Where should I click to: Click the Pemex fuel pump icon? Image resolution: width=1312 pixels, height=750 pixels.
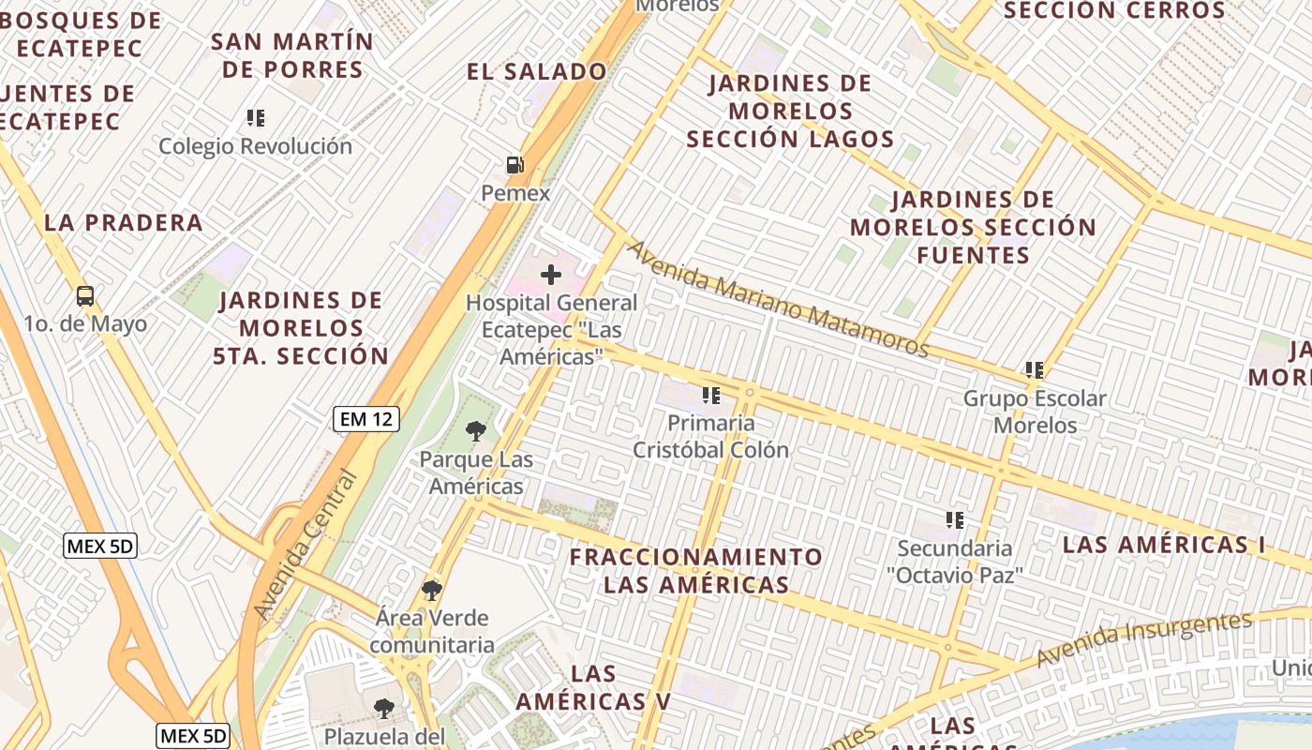click(x=514, y=165)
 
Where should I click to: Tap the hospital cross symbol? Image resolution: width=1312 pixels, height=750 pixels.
click(x=551, y=275)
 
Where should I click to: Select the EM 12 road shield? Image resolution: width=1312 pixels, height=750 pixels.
click(x=366, y=419)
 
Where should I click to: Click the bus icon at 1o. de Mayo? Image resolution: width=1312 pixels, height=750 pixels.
click(x=85, y=296)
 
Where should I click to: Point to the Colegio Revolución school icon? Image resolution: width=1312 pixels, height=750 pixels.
click(x=256, y=118)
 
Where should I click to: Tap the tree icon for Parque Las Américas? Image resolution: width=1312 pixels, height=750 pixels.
click(x=476, y=431)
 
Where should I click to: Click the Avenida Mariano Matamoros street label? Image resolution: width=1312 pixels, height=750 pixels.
click(x=777, y=299)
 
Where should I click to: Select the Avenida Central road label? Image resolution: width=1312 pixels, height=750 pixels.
click(x=306, y=544)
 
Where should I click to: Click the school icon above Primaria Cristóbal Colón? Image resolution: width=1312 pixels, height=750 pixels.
click(x=710, y=396)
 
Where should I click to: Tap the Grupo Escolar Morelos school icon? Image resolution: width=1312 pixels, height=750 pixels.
click(x=1035, y=370)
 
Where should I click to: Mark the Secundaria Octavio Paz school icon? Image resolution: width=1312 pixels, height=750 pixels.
click(x=955, y=519)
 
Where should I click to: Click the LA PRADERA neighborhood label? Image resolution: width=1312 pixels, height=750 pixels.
click(x=124, y=223)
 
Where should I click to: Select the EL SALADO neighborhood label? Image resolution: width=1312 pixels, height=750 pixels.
click(x=537, y=71)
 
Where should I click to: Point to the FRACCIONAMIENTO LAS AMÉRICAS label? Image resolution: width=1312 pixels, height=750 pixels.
click(x=696, y=571)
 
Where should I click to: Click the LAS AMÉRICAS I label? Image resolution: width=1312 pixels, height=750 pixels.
click(x=1164, y=545)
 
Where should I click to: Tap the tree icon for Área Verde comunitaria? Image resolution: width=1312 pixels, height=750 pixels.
click(x=432, y=590)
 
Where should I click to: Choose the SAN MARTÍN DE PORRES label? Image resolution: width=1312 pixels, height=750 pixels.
click(x=291, y=55)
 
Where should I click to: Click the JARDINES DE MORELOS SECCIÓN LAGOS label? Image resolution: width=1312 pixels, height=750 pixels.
click(x=790, y=111)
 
